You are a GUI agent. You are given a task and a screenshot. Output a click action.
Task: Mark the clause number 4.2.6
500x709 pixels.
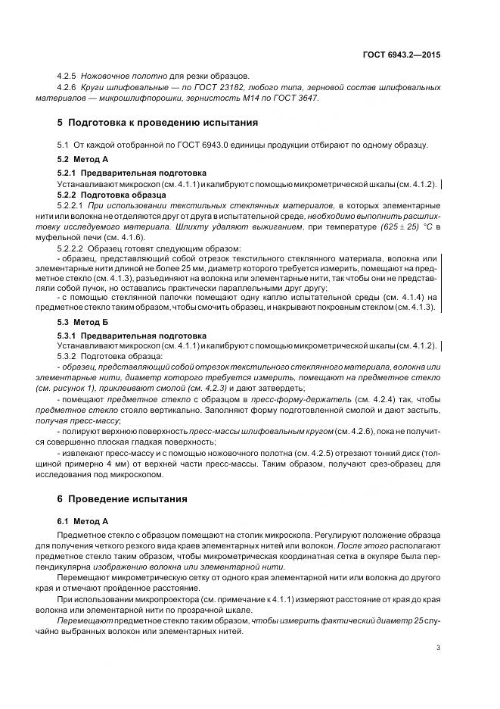tap(70, 88)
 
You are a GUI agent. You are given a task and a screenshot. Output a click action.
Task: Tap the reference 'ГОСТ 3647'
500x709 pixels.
tap(299, 98)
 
